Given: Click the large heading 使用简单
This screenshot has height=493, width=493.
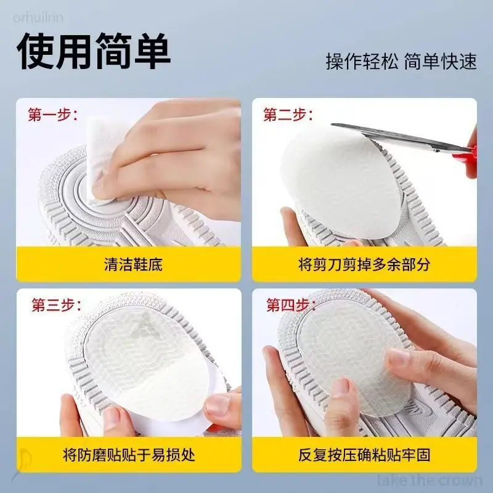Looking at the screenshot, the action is (x=94, y=51).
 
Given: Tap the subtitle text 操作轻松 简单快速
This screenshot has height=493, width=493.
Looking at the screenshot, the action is (x=401, y=61).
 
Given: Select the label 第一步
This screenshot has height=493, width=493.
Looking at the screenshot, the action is (x=52, y=115).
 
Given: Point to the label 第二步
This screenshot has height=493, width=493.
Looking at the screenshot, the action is (x=288, y=115).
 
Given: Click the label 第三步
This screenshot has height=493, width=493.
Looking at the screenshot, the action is (x=56, y=304).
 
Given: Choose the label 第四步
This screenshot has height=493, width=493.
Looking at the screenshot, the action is (x=291, y=304).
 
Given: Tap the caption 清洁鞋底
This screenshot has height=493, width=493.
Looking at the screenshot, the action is (x=133, y=264).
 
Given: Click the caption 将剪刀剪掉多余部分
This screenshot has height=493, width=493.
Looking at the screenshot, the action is (x=364, y=264).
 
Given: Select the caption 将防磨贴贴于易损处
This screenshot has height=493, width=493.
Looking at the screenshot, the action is (x=129, y=455).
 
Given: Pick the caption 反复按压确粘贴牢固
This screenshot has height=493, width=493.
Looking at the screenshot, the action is (x=364, y=455).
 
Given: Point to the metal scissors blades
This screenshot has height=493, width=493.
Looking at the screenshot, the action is (x=399, y=137).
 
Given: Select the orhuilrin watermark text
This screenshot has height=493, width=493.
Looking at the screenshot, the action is (x=38, y=17).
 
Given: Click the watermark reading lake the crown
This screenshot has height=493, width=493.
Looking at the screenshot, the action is (x=430, y=481).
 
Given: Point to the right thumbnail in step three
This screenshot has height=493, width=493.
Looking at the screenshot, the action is (x=218, y=405).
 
